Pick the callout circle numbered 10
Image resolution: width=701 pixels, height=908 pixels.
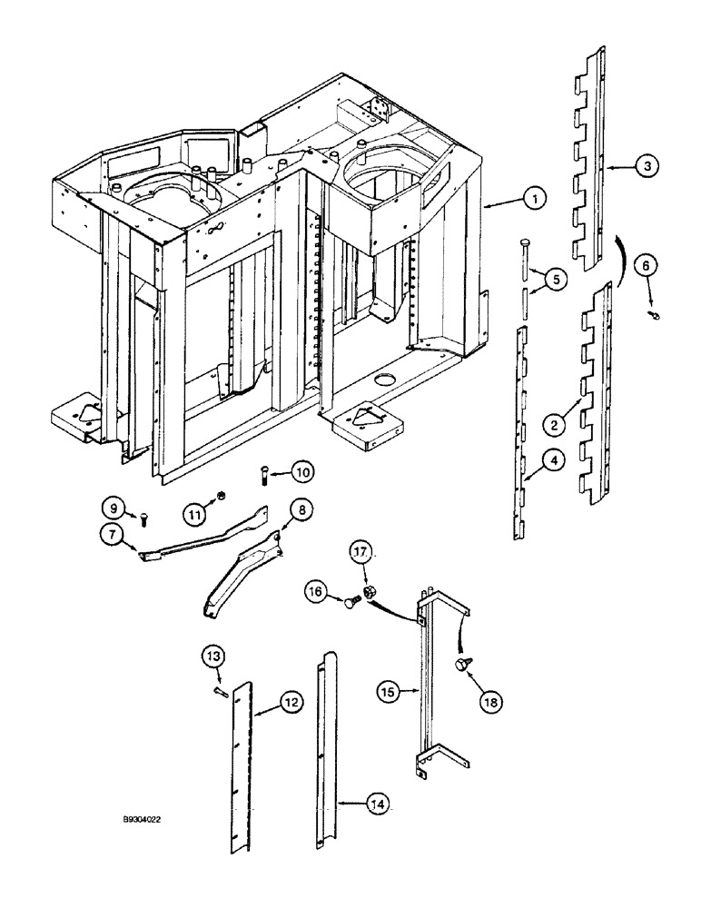tap(303, 471)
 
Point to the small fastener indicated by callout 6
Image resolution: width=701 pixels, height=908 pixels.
tap(655, 315)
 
